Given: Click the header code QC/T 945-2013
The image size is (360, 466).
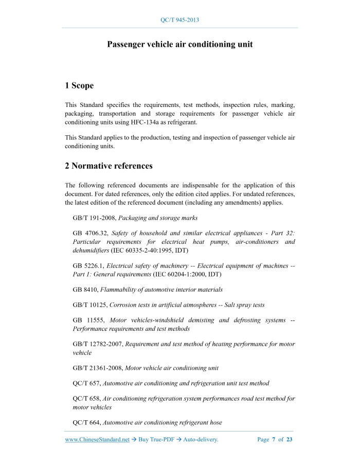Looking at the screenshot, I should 179,20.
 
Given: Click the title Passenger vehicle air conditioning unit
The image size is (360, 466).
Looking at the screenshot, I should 179,45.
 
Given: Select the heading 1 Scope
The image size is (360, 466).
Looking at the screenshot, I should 79,85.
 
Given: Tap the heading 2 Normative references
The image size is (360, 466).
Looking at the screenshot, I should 109,166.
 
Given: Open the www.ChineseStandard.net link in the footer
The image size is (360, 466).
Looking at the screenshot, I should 97,440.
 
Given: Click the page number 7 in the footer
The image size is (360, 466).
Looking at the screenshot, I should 274,440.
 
